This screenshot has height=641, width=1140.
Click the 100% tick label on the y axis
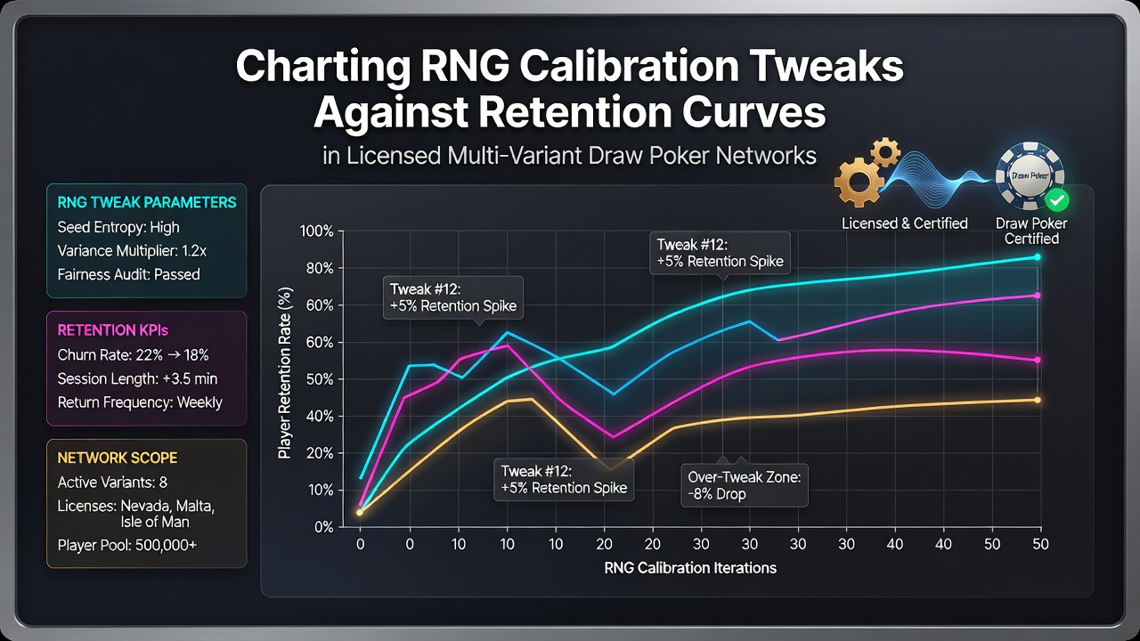316,231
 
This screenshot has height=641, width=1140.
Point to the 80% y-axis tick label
320,269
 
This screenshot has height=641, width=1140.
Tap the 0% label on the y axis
323,527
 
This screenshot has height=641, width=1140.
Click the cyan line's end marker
1038,257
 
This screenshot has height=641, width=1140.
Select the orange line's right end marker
1038,401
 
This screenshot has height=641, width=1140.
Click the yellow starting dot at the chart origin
360,512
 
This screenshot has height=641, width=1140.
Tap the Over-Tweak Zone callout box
745,485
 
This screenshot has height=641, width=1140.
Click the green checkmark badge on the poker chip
1057,200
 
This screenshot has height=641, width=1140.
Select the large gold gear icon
859,182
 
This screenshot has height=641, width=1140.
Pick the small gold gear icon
885,151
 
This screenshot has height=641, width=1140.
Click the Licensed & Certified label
904,223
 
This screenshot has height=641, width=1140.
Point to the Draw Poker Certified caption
1031,231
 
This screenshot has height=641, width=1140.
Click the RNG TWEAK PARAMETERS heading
147,202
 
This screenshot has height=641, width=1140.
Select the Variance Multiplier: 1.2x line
132,251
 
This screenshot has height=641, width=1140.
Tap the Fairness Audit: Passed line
129,275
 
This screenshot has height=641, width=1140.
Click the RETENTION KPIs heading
112,330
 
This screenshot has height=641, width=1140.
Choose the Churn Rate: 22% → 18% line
133,354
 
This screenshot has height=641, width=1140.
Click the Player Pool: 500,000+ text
126,546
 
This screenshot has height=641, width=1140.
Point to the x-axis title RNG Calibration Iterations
690,568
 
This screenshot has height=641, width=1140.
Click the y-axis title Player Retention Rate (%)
286,373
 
